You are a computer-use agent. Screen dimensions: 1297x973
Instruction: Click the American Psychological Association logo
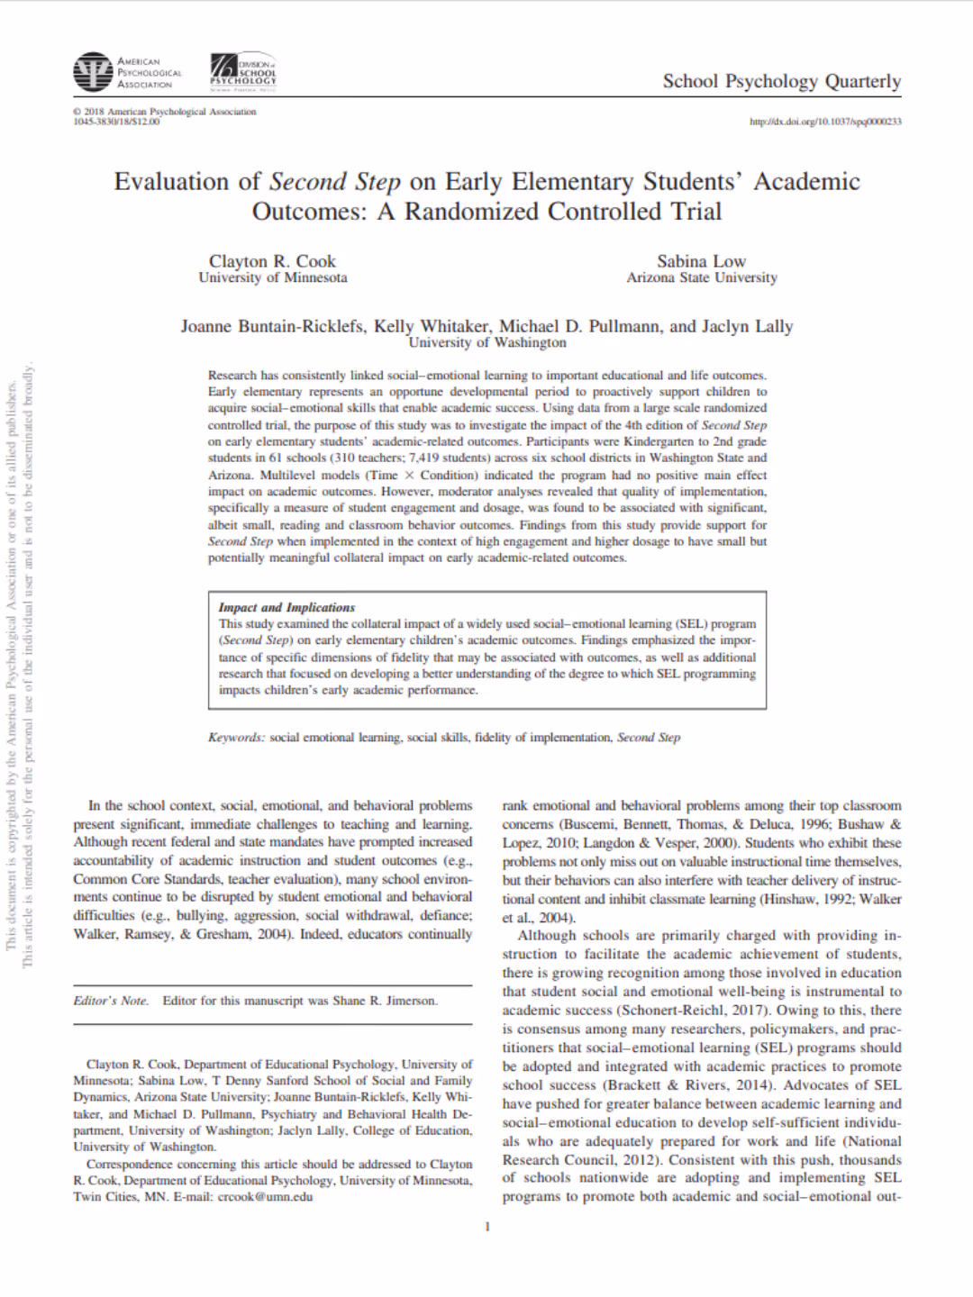point(127,73)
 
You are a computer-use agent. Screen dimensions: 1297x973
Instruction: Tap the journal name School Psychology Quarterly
point(781,81)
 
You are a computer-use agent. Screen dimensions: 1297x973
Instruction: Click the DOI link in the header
point(825,122)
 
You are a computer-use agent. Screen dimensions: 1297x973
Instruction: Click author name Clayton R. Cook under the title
point(272,261)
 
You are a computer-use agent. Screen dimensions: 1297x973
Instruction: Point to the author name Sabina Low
point(701,261)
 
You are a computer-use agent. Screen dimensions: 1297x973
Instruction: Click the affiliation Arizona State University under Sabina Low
point(701,278)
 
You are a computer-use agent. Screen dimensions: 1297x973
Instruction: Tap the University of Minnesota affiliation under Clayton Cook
point(272,278)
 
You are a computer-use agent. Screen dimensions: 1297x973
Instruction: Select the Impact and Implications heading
point(286,608)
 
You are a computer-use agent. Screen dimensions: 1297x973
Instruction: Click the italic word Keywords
point(236,738)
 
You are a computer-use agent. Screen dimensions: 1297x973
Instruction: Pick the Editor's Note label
point(111,1001)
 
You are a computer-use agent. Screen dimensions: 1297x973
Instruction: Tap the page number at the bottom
point(487,1226)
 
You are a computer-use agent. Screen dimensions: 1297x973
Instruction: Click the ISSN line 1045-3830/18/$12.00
point(116,122)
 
